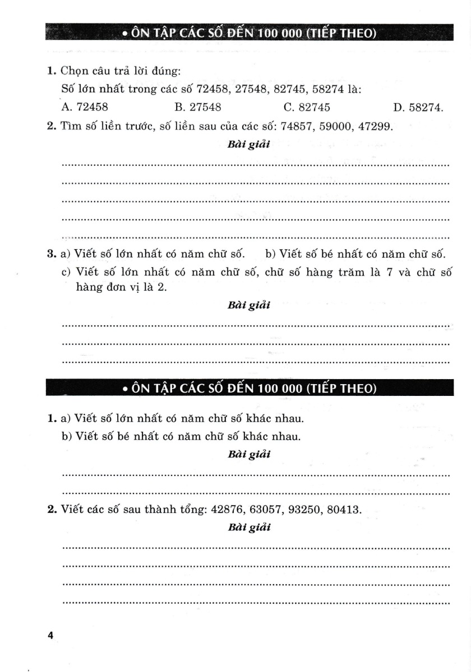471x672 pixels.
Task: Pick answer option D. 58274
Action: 418,107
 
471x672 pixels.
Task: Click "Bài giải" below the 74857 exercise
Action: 249,145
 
